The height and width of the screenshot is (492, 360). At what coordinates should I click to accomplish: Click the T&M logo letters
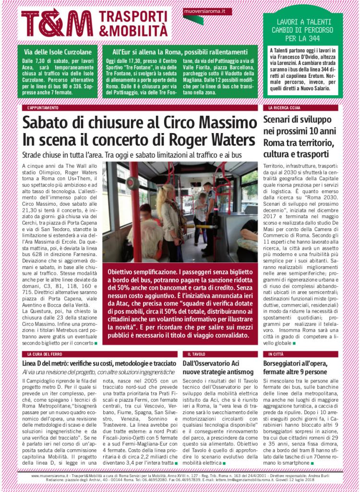(57, 23)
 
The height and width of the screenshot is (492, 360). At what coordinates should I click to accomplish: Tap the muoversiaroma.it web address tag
(201, 10)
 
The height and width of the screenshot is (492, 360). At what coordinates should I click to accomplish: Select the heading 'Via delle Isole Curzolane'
(55, 52)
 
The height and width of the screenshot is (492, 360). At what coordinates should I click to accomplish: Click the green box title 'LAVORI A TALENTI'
(302, 22)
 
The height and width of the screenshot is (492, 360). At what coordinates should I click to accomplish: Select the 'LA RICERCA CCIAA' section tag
(286, 108)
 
